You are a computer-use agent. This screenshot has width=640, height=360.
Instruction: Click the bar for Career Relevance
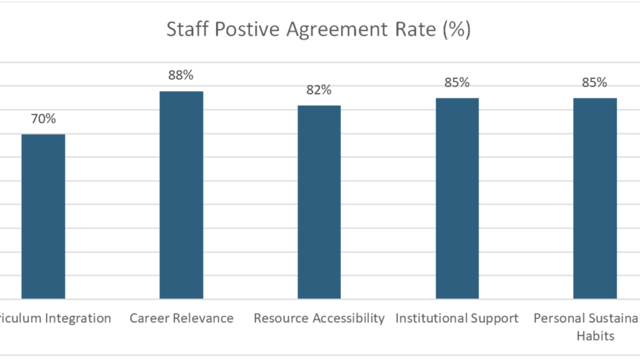(x=181, y=195)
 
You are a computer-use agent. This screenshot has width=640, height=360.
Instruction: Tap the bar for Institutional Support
(x=457, y=198)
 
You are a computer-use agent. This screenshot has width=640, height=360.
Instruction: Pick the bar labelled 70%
(x=43, y=216)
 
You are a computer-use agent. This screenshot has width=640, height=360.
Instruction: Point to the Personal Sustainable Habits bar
(x=595, y=198)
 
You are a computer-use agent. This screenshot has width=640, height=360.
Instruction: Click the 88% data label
(x=181, y=76)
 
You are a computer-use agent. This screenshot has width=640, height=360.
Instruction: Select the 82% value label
(x=319, y=90)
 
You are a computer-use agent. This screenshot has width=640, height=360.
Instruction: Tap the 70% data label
(x=43, y=119)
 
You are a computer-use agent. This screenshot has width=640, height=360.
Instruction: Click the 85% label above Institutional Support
(x=457, y=83)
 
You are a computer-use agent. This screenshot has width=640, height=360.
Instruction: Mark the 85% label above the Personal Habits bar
(x=595, y=83)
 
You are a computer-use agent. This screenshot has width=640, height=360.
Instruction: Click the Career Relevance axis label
(x=181, y=318)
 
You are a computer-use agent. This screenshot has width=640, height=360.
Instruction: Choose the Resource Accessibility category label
(x=319, y=318)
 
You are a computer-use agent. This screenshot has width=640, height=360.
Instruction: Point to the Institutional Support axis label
(x=457, y=318)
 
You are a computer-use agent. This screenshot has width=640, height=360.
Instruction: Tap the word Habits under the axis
(x=598, y=336)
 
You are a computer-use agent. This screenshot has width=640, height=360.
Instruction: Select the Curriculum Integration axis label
(x=56, y=318)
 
